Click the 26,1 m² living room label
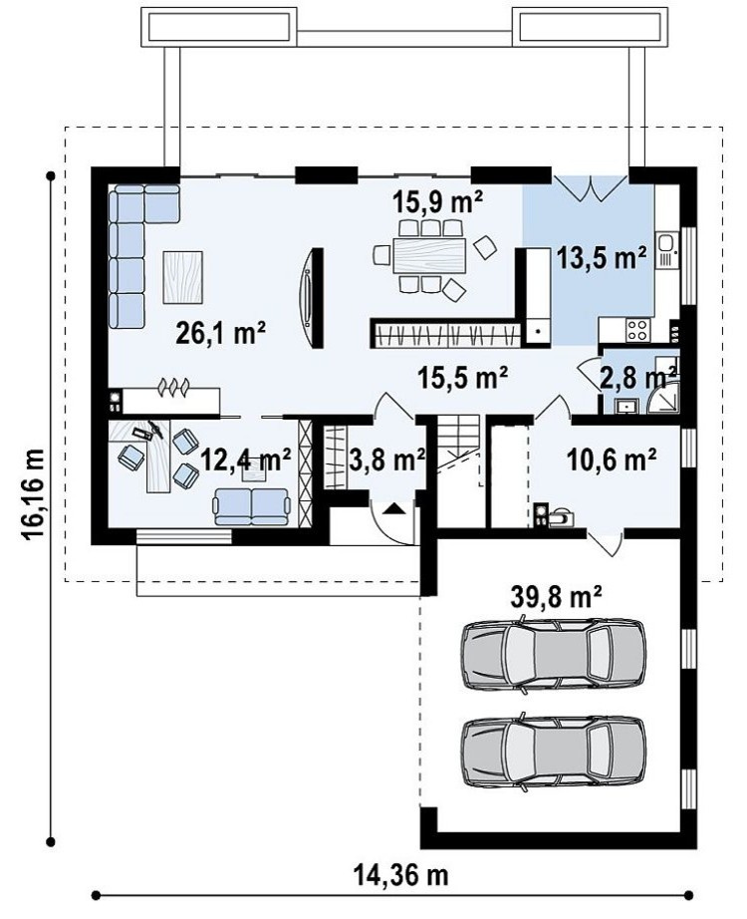click(221, 334)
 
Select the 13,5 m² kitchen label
click(602, 258)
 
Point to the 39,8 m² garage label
click(557, 597)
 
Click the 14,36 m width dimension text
click(401, 875)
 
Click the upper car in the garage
click(554, 654)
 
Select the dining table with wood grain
click(429, 255)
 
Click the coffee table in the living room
click(183, 277)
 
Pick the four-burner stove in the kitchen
click(637, 329)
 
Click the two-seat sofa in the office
click(252, 506)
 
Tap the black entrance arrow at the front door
click(393, 508)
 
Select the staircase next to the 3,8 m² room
click(459, 449)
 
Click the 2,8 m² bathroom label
click(638, 379)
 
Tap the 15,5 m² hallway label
click(462, 378)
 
